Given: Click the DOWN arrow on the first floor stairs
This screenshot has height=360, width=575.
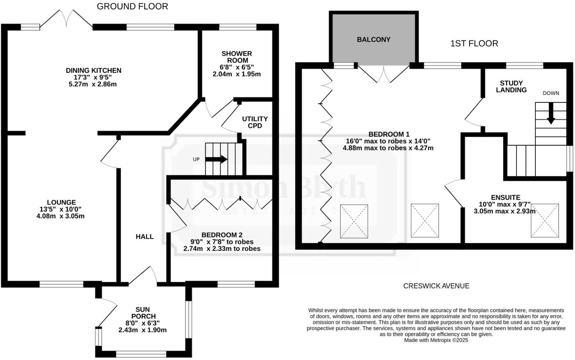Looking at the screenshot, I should [551, 113].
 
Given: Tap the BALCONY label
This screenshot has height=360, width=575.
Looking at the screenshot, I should [374, 40].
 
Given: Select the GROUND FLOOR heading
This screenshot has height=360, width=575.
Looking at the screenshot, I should [132, 6].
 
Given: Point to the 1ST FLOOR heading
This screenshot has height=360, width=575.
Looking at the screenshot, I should [474, 44].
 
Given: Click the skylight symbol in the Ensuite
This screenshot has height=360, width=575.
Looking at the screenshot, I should [545, 221].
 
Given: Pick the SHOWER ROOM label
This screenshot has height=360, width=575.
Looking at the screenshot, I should [237, 57].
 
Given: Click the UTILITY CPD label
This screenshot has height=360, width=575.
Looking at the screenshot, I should [255, 122].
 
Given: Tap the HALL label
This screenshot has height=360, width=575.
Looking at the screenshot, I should [145, 237].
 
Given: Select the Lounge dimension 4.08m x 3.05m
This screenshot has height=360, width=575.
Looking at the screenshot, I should [60, 216].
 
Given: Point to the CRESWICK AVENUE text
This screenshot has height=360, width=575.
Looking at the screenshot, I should [436, 286].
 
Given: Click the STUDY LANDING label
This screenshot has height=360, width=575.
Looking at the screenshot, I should [511, 87].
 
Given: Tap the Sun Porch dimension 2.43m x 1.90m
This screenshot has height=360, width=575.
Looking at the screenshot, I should [142, 330].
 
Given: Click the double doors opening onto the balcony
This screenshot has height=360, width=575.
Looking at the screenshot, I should [384, 74].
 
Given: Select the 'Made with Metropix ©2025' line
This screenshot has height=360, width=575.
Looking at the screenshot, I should [436, 340].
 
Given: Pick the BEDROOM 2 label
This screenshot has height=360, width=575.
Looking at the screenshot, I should [222, 235].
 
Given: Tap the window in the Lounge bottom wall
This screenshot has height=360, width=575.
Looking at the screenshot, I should [61, 285].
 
